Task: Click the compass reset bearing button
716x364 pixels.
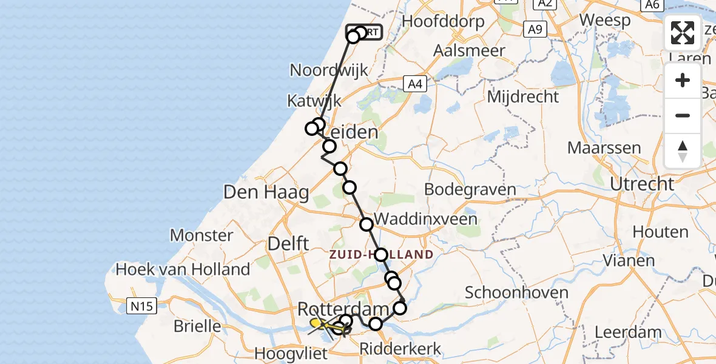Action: click(683, 150)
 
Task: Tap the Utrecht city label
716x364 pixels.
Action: click(642, 183)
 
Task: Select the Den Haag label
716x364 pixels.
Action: click(266, 193)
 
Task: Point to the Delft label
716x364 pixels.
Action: click(289, 244)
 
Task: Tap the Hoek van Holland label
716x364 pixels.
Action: click(183, 269)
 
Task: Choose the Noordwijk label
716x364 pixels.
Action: click(329, 70)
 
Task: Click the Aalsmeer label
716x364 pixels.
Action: click(469, 50)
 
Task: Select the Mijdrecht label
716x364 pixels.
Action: click(522, 96)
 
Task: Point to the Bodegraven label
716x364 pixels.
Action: click(470, 189)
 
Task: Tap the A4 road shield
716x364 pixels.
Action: click(415, 84)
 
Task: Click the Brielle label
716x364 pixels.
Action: click(197, 326)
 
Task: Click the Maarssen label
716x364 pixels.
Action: click(604, 147)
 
